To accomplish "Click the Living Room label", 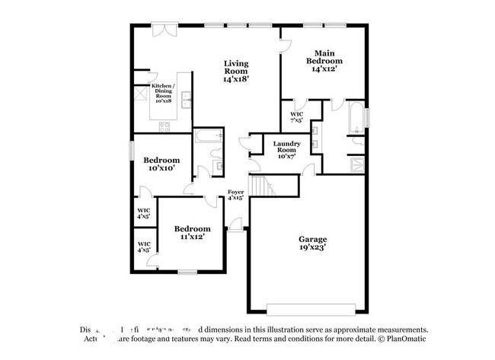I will coord(236,71).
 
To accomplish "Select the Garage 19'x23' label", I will coord(312,243).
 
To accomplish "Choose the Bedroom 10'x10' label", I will coord(161,164).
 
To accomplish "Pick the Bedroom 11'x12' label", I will coord(192,233).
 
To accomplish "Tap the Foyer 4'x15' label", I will coord(236,194).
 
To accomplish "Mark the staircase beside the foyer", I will coord(263,186).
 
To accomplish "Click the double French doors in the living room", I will coord(162,29).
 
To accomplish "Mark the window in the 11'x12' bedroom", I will coord(187,272).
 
